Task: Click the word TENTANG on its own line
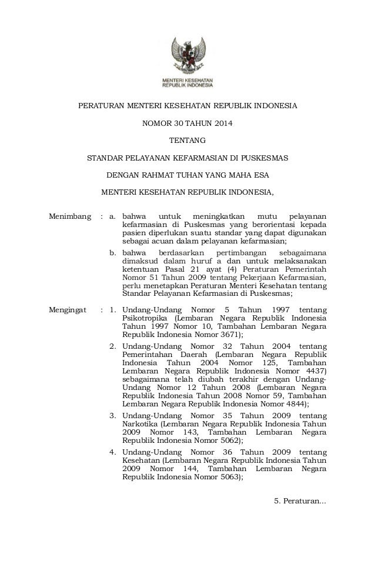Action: click(x=187, y=141)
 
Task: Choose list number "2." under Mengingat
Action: click(x=115, y=347)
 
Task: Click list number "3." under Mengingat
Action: click(x=115, y=416)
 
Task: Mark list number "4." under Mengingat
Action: click(x=115, y=453)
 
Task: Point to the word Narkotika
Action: click(x=140, y=425)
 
